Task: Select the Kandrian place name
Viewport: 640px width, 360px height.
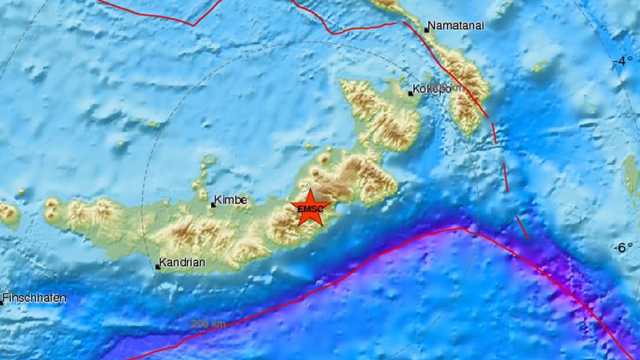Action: pyautogui.click(x=182, y=262)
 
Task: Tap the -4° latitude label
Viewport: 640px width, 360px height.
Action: pyautogui.click(x=623, y=62)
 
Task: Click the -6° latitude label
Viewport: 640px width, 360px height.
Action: pyautogui.click(x=623, y=248)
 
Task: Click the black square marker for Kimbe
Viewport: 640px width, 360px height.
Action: pyautogui.click(x=213, y=205)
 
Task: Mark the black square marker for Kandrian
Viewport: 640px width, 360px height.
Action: pyautogui.click(x=157, y=267)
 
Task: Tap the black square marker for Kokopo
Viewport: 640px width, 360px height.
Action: pyautogui.click(x=411, y=93)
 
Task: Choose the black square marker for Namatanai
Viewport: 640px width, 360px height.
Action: pyautogui.click(x=426, y=30)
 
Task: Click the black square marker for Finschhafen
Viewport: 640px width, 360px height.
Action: pyautogui.click(x=2, y=303)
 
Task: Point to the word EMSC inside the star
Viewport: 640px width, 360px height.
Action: pyautogui.click(x=310, y=210)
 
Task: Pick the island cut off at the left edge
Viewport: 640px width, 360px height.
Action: pyautogui.click(x=8, y=214)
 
